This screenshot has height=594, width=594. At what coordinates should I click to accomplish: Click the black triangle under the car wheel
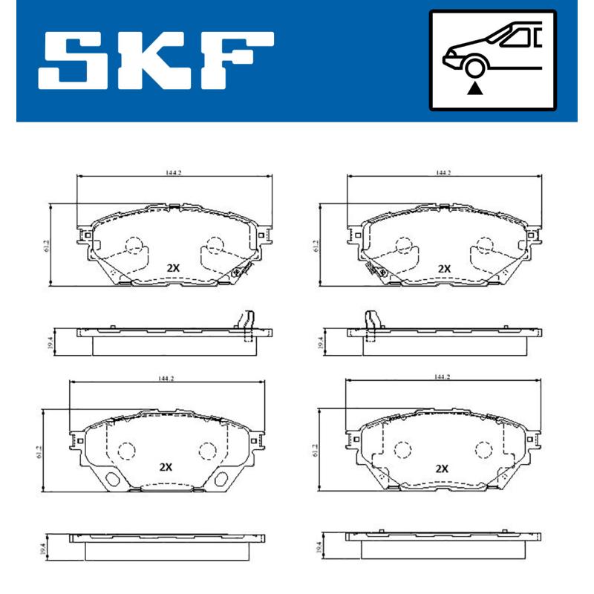[474, 89]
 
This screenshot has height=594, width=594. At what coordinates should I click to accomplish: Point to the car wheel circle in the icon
[474, 68]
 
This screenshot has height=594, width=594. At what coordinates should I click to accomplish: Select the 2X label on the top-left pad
[174, 267]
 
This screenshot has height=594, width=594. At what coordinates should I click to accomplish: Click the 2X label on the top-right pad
[444, 268]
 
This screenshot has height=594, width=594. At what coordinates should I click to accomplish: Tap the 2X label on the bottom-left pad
[166, 468]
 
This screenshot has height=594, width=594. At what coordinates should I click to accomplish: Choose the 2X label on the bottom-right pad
[442, 469]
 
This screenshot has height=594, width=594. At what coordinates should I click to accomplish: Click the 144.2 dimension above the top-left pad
[174, 172]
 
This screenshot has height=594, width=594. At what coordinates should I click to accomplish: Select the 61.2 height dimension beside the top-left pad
[46, 244]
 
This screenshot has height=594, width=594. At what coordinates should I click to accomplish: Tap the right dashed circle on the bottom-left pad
[206, 450]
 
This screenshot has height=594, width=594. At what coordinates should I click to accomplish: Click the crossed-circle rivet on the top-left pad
[237, 272]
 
